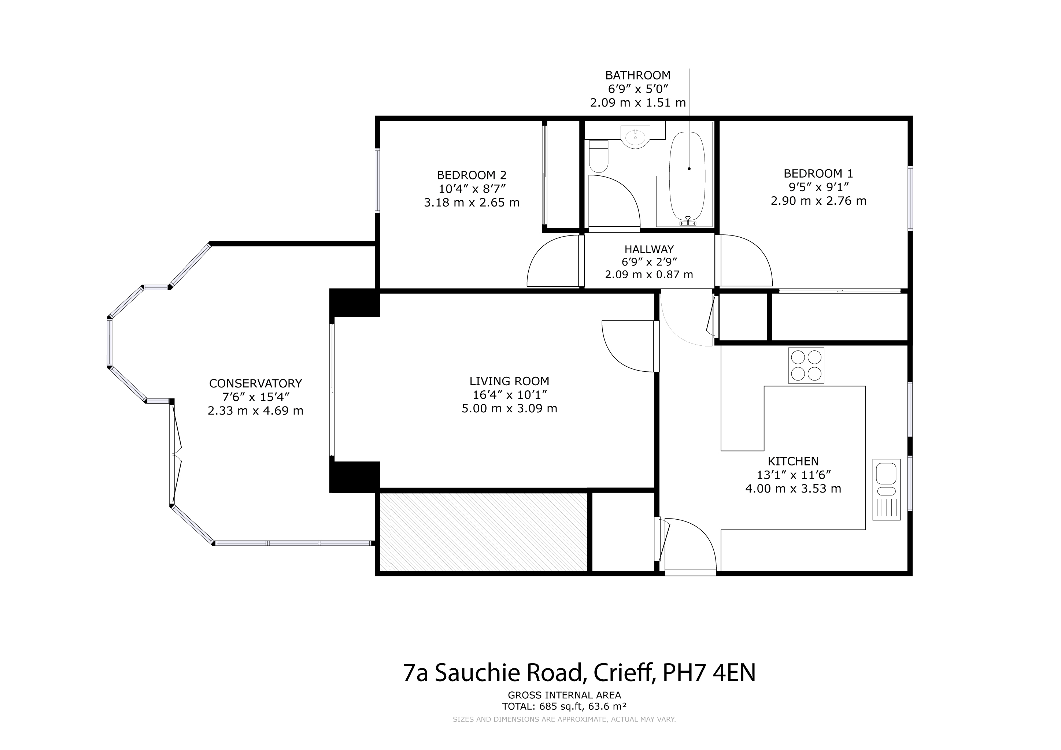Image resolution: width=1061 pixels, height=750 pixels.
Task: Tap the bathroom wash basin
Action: point(635,137)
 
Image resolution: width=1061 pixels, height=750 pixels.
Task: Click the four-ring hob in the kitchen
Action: point(806,365)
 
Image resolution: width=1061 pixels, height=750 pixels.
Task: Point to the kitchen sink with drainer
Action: point(886,490)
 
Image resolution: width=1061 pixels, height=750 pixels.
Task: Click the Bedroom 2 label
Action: point(472,175)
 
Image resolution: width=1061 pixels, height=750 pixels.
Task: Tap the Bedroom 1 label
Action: point(818,174)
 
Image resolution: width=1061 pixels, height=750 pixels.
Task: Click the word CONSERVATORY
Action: point(256,383)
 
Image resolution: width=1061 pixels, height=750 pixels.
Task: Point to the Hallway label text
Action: point(649,249)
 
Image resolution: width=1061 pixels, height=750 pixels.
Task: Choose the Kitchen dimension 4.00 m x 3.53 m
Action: point(793,489)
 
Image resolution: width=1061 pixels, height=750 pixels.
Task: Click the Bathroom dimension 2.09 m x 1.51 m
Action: point(638,103)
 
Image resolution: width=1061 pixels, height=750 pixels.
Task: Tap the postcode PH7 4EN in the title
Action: point(709,673)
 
